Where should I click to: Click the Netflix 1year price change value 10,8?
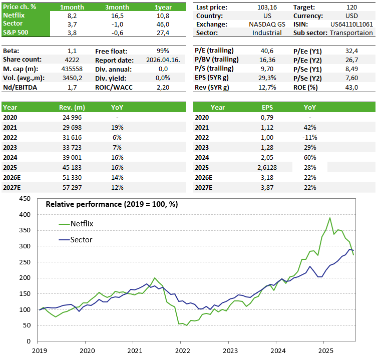click(163, 16)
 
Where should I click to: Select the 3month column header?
click(117, 7)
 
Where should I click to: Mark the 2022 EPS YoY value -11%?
click(310, 138)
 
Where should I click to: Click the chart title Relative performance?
click(112, 204)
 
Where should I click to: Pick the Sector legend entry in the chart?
click(80, 240)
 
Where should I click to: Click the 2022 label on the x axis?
click(182, 351)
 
